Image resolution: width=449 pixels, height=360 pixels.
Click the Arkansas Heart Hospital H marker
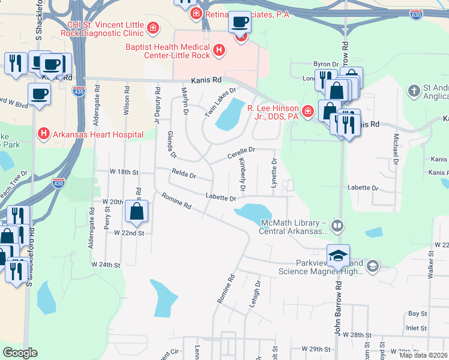pos(43,133)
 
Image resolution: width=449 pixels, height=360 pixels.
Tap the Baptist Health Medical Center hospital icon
pos(219,50)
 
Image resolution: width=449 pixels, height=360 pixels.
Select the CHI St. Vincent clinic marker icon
pos(154,28)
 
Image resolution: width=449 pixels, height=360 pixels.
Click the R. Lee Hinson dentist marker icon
pos(308,111)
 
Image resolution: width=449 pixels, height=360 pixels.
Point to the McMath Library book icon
pos(337,226)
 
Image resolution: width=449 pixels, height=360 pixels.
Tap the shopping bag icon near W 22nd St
pos(137,211)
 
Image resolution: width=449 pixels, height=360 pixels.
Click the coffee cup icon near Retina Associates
pos(241,22)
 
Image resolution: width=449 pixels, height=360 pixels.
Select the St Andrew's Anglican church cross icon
pos(413,91)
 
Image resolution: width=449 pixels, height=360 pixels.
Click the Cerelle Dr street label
pos(241,153)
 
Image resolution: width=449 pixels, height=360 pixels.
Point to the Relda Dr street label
pos(184,175)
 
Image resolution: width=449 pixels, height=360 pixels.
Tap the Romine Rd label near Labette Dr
pos(179,201)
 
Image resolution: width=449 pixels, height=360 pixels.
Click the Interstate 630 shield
pos(416,13)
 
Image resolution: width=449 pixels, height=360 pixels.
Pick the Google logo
pos(20,353)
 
